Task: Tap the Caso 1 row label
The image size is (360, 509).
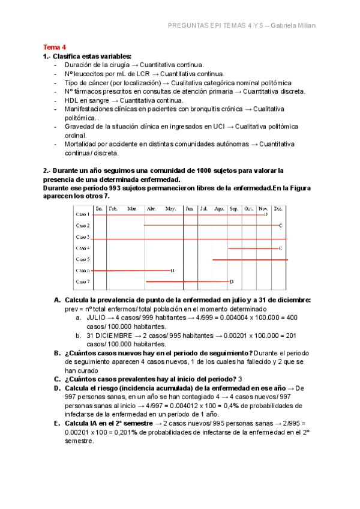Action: [82, 214]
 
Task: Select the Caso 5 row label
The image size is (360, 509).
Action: [82, 259]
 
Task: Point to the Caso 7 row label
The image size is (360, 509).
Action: [82, 282]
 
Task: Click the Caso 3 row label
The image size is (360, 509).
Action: [82, 237]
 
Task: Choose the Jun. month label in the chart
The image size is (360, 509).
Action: [189, 208]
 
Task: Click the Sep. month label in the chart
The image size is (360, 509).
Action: [233, 208]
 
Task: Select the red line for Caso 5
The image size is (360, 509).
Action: [250, 259]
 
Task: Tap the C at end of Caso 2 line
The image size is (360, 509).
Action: [280, 226]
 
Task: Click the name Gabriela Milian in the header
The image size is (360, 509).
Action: [295, 25]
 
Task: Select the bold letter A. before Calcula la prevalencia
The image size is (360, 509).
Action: [57, 299]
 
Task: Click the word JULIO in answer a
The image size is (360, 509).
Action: [98, 317]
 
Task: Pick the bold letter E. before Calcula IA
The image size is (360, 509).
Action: [57, 423]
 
